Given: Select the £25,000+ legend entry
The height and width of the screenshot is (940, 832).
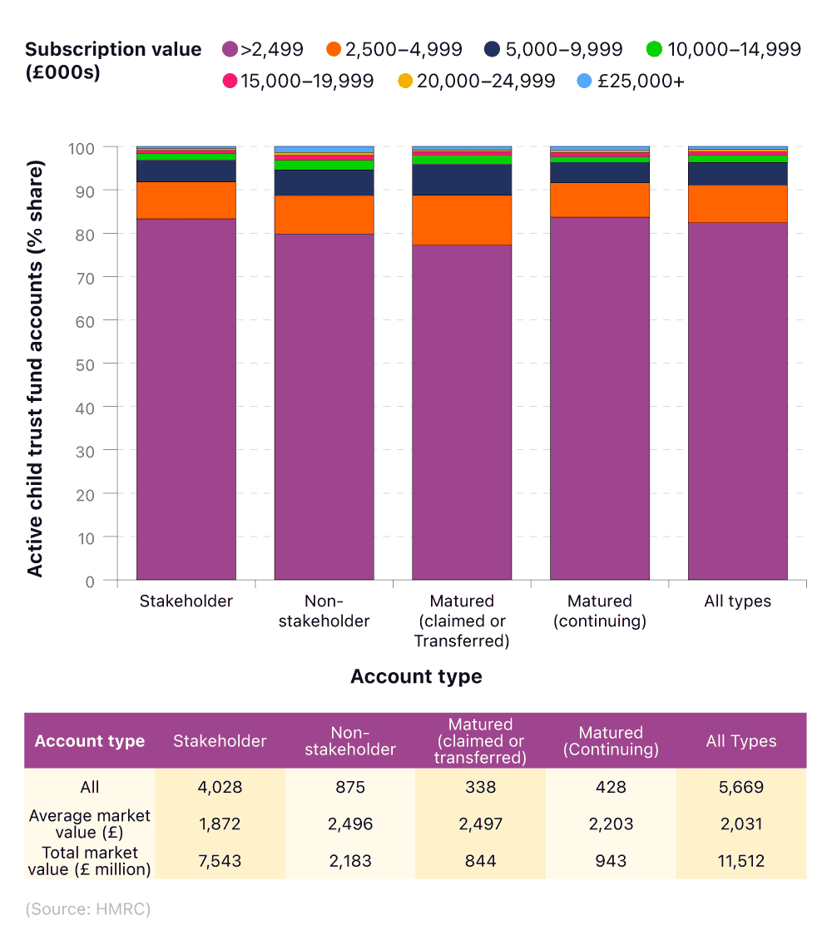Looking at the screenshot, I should [x=630, y=82].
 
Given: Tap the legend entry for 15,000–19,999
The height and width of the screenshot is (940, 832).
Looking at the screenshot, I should [x=299, y=82].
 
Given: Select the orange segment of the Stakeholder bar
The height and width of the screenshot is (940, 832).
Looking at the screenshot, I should [x=186, y=200].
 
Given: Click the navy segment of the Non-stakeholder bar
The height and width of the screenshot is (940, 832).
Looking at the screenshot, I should [x=324, y=182].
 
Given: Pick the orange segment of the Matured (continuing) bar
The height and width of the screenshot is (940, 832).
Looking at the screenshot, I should [x=599, y=200].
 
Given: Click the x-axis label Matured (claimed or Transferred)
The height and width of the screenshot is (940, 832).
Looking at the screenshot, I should [x=462, y=621].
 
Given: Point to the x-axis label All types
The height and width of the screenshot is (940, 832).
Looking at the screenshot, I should [x=737, y=601].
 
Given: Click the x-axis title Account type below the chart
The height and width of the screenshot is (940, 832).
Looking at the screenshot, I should [x=416, y=676].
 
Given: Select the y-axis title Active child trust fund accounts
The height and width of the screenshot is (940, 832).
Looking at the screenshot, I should [x=35, y=364].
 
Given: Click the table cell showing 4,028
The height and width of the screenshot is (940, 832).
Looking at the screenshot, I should [x=220, y=787].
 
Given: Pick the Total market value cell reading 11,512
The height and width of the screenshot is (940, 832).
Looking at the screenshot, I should [x=740, y=861].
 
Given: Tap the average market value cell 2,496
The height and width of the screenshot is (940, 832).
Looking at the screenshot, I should [x=349, y=824].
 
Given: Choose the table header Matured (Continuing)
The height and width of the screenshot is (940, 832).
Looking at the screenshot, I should [x=611, y=741].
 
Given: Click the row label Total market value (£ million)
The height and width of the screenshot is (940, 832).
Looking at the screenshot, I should [x=90, y=861].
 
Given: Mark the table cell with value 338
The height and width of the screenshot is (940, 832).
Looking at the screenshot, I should [x=479, y=787].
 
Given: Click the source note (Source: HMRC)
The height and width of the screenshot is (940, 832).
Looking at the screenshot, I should [x=87, y=909].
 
